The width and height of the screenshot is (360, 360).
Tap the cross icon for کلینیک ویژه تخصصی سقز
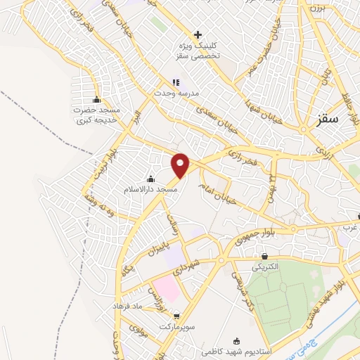point(198,34)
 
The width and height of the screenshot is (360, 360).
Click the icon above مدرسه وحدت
point(176,83)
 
